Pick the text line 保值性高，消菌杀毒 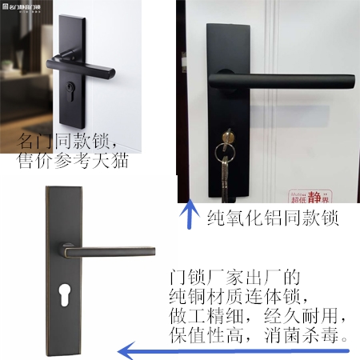point(260,335)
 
